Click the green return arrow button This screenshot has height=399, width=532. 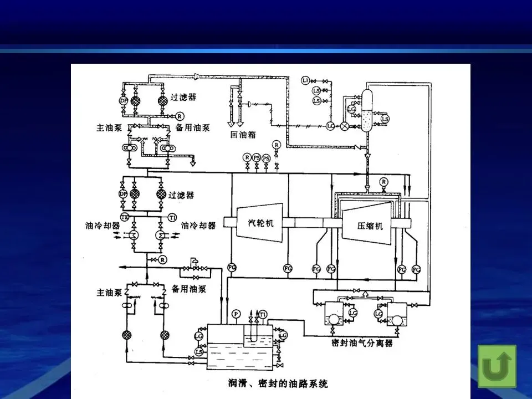pos(497,366)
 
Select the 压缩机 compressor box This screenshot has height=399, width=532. pos(370,226)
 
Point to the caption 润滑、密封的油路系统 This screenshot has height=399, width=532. pos(274,383)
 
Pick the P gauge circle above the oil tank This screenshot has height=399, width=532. pos(236,314)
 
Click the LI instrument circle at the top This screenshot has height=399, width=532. pos(305,81)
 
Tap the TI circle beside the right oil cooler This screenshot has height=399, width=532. pos(172,216)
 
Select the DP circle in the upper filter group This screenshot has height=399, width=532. pos(123,101)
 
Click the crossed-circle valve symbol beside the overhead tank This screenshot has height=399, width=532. pos(345,126)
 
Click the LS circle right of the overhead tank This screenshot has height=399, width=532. pos(385,119)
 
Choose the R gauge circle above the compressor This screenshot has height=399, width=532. pos(383,182)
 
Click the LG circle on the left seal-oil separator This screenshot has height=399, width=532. pos(352,314)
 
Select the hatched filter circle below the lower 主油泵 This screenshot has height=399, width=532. pos(126,335)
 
